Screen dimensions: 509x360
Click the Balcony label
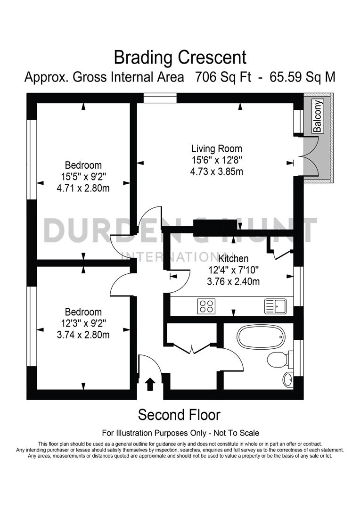pos(318,116)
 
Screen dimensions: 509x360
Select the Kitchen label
pos(233,259)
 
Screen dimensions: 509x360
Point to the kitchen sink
pos(275,306)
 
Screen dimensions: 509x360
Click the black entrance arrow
pos(150,384)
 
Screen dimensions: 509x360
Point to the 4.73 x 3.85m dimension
pos(217,172)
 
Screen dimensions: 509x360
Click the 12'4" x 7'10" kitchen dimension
pos(233,271)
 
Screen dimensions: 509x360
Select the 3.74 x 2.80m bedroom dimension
pos(83,335)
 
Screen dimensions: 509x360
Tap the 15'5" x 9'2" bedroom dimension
pos(83,177)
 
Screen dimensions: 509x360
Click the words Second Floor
pos(179,415)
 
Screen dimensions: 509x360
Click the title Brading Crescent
pos(180,57)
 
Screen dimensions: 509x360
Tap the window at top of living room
pos(160,98)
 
